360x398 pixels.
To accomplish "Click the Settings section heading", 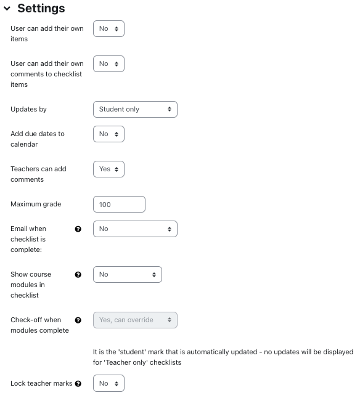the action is click(x=41, y=9).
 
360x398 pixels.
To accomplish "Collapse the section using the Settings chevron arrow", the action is click(x=7, y=9).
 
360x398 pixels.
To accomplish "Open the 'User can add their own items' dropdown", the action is click(x=108, y=29).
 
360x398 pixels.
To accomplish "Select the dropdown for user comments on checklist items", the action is click(x=108, y=64).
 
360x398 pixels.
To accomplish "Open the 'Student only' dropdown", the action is click(x=135, y=109).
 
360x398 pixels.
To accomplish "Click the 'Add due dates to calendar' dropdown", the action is click(x=108, y=134).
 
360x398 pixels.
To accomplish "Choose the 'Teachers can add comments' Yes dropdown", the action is click(x=108, y=169).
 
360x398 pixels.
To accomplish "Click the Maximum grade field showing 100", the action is click(x=119, y=204).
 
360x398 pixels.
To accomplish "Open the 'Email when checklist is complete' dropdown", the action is click(x=135, y=229).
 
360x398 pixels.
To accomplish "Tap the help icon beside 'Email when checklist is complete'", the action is click(x=78, y=229).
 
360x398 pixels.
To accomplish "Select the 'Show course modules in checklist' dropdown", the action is click(x=127, y=274).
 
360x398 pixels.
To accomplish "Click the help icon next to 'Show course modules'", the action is click(x=78, y=275).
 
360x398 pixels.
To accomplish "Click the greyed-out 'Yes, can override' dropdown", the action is click(x=135, y=320).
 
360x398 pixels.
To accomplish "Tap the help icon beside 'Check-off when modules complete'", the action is click(x=78, y=320).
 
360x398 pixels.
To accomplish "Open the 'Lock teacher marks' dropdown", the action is click(x=108, y=383).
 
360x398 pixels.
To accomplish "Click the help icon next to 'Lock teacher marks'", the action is click(x=78, y=384).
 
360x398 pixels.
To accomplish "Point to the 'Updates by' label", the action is click(x=28, y=109).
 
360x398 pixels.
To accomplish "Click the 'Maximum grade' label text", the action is click(x=36, y=204).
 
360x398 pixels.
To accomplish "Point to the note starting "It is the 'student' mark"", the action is click(x=223, y=357).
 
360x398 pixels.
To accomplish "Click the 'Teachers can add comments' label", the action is click(x=38, y=174).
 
